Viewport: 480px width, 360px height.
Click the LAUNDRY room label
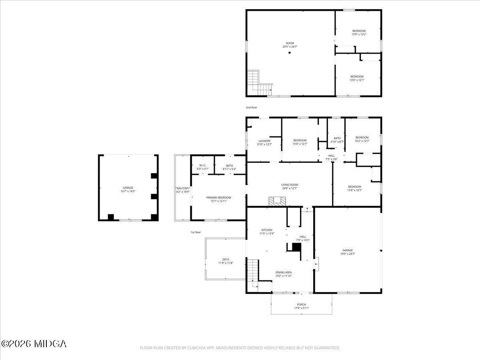point(264,141)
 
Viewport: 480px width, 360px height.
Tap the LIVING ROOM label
point(290,185)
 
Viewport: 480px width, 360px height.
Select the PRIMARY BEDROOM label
point(218,198)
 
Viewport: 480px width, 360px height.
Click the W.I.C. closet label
point(202,166)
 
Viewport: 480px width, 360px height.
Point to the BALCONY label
point(183,188)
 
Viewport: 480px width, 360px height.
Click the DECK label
point(226,259)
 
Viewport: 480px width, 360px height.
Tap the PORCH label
point(301,304)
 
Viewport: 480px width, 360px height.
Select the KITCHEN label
point(267,230)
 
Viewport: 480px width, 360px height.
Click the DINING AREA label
point(283,272)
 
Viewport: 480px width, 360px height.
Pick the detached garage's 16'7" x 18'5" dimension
point(128,191)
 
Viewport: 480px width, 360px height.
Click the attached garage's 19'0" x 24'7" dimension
point(347,254)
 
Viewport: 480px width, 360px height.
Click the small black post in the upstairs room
point(290,52)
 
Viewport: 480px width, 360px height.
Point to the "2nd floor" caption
point(252,108)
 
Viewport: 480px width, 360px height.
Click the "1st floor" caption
point(196,232)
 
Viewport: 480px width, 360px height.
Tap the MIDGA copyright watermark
point(34,344)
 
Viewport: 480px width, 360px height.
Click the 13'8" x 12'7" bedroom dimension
point(354,190)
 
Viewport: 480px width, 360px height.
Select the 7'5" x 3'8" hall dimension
point(332,159)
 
